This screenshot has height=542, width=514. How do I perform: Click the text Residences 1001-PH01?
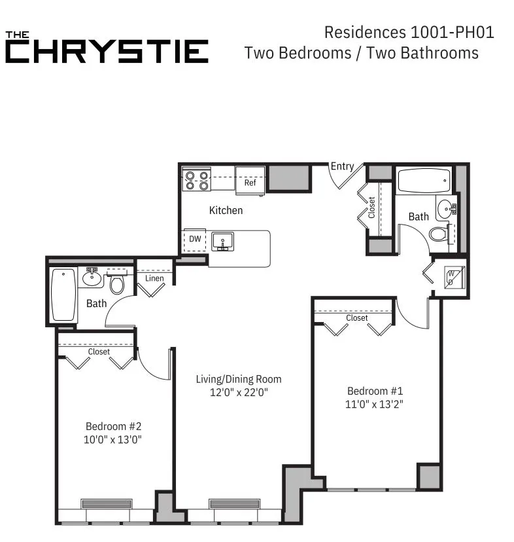point(409,32)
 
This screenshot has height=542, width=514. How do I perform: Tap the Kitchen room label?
point(226,210)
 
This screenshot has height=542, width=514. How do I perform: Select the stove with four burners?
point(196,180)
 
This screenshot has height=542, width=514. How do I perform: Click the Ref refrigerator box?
point(250,182)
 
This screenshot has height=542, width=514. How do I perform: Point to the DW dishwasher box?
point(195,240)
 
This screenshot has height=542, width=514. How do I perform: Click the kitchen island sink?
point(222,242)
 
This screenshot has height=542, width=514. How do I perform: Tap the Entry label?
point(342,166)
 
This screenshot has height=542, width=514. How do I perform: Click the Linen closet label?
point(155,279)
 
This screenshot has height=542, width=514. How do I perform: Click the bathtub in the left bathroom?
point(63,295)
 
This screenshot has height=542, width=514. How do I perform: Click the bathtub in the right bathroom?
point(423,178)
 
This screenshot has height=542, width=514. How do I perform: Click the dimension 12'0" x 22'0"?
point(239,393)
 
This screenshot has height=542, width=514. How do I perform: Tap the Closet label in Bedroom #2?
point(99,352)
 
